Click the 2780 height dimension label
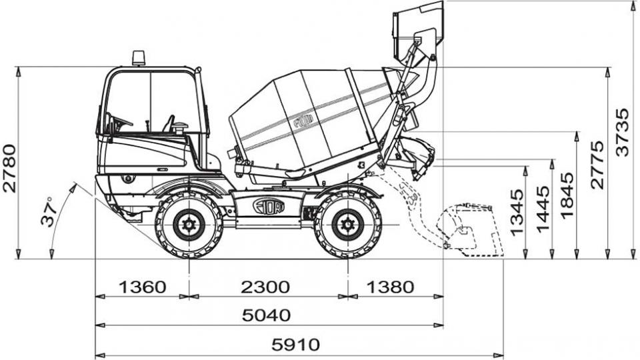click(x=9, y=168)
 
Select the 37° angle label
click(x=48, y=211)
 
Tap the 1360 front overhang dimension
click(x=143, y=287)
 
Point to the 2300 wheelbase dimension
click(x=265, y=287)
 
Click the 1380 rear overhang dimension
click(x=390, y=287)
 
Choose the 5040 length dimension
click(x=267, y=315)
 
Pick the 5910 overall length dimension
click(x=296, y=345)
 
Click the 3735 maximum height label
click(x=623, y=132)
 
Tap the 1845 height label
click(x=567, y=195)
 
